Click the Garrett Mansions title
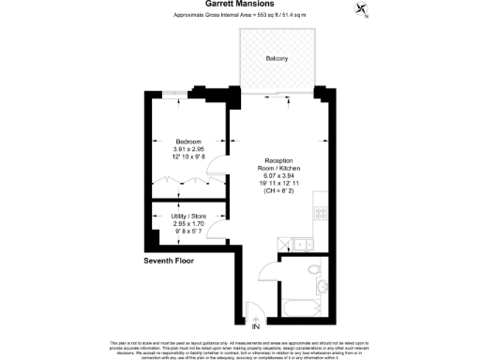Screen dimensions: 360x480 point(239,4)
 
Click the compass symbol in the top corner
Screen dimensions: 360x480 point(364,10)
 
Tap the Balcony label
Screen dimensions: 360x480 point(277,58)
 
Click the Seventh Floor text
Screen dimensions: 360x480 point(169,260)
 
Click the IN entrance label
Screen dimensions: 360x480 point(255,326)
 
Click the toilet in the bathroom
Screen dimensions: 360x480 point(322,286)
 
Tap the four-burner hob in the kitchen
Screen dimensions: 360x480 point(321,213)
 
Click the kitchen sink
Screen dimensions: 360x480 point(302,245)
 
